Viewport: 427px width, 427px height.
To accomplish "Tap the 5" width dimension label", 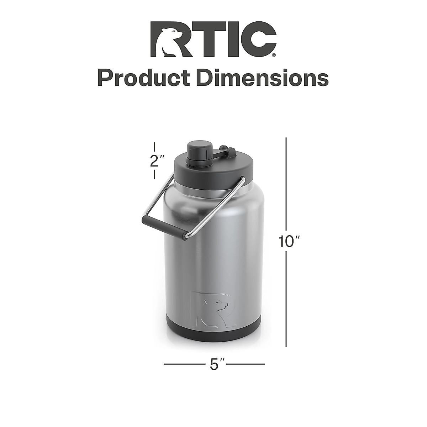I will click(214, 364).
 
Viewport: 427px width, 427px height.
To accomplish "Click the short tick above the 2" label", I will click(154, 147).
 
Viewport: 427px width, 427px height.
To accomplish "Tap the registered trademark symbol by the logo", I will click(273, 55).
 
